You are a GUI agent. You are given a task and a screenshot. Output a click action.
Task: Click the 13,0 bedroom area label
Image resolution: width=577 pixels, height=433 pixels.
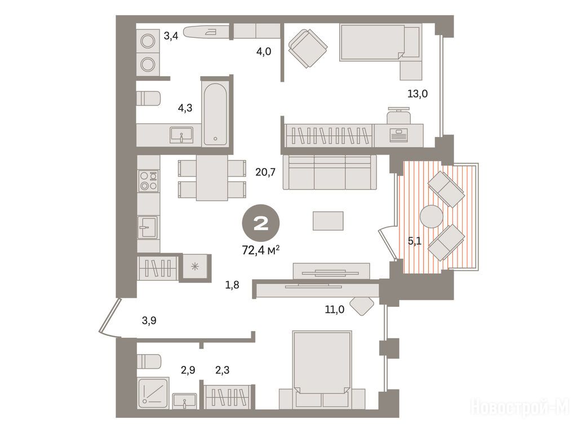[418, 94]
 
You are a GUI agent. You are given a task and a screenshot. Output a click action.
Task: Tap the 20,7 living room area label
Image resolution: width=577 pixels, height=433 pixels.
[265, 172]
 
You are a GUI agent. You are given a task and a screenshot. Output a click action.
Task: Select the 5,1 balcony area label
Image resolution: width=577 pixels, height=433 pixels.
[414, 241]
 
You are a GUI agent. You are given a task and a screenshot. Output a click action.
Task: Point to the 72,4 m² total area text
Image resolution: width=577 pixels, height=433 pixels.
[260, 251]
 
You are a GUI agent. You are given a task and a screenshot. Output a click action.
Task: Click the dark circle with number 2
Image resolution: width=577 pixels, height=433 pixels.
[260, 223]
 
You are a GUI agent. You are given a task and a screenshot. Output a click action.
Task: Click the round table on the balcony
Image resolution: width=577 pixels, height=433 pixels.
[431, 217]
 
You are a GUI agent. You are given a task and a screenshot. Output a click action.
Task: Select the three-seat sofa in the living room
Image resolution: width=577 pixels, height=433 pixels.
[330, 172]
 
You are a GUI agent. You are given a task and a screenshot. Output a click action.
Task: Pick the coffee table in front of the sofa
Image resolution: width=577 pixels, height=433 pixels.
[329, 220]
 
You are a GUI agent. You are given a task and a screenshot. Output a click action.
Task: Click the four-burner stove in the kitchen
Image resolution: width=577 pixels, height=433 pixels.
[149, 181]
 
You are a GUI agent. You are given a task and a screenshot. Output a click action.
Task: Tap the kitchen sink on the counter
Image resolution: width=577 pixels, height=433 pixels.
[148, 227]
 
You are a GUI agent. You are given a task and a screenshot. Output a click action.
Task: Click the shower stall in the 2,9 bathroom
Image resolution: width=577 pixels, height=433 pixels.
[153, 392]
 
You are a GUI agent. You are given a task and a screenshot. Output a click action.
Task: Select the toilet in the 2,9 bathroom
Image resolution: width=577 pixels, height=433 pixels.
[149, 361]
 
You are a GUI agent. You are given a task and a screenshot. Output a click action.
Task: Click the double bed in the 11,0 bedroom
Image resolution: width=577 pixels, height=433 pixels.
[322, 369]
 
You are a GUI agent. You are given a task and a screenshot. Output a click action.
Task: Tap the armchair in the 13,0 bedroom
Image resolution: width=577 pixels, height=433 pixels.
[308, 48]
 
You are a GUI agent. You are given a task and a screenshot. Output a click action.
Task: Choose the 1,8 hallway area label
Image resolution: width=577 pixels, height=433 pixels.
[232, 285]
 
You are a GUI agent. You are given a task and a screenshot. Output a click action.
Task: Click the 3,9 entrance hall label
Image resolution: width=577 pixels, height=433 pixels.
[149, 321]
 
